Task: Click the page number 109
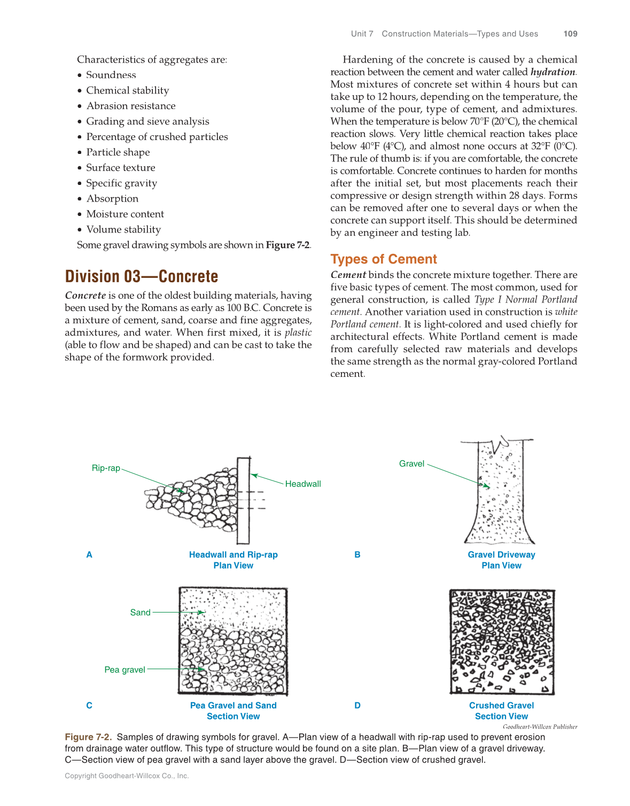click(x=570, y=34)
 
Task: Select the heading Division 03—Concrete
click(x=142, y=276)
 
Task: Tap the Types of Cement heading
click(x=383, y=259)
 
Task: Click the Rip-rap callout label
click(x=106, y=468)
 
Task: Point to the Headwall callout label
click(x=303, y=484)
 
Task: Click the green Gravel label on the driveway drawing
click(x=411, y=464)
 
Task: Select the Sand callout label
click(x=140, y=613)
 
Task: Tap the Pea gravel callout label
click(x=125, y=670)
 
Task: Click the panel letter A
click(x=89, y=555)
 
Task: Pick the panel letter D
click(x=357, y=706)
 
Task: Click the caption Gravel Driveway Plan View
click(x=501, y=560)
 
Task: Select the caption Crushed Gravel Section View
click(x=501, y=711)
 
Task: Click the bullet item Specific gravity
click(x=121, y=183)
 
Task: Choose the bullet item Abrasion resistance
click(x=131, y=106)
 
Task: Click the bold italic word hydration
click(x=553, y=72)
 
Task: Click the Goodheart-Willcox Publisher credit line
click(x=540, y=727)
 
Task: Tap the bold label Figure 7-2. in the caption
click(x=88, y=737)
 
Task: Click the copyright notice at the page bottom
click(x=127, y=776)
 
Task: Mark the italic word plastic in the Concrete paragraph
click(x=298, y=332)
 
